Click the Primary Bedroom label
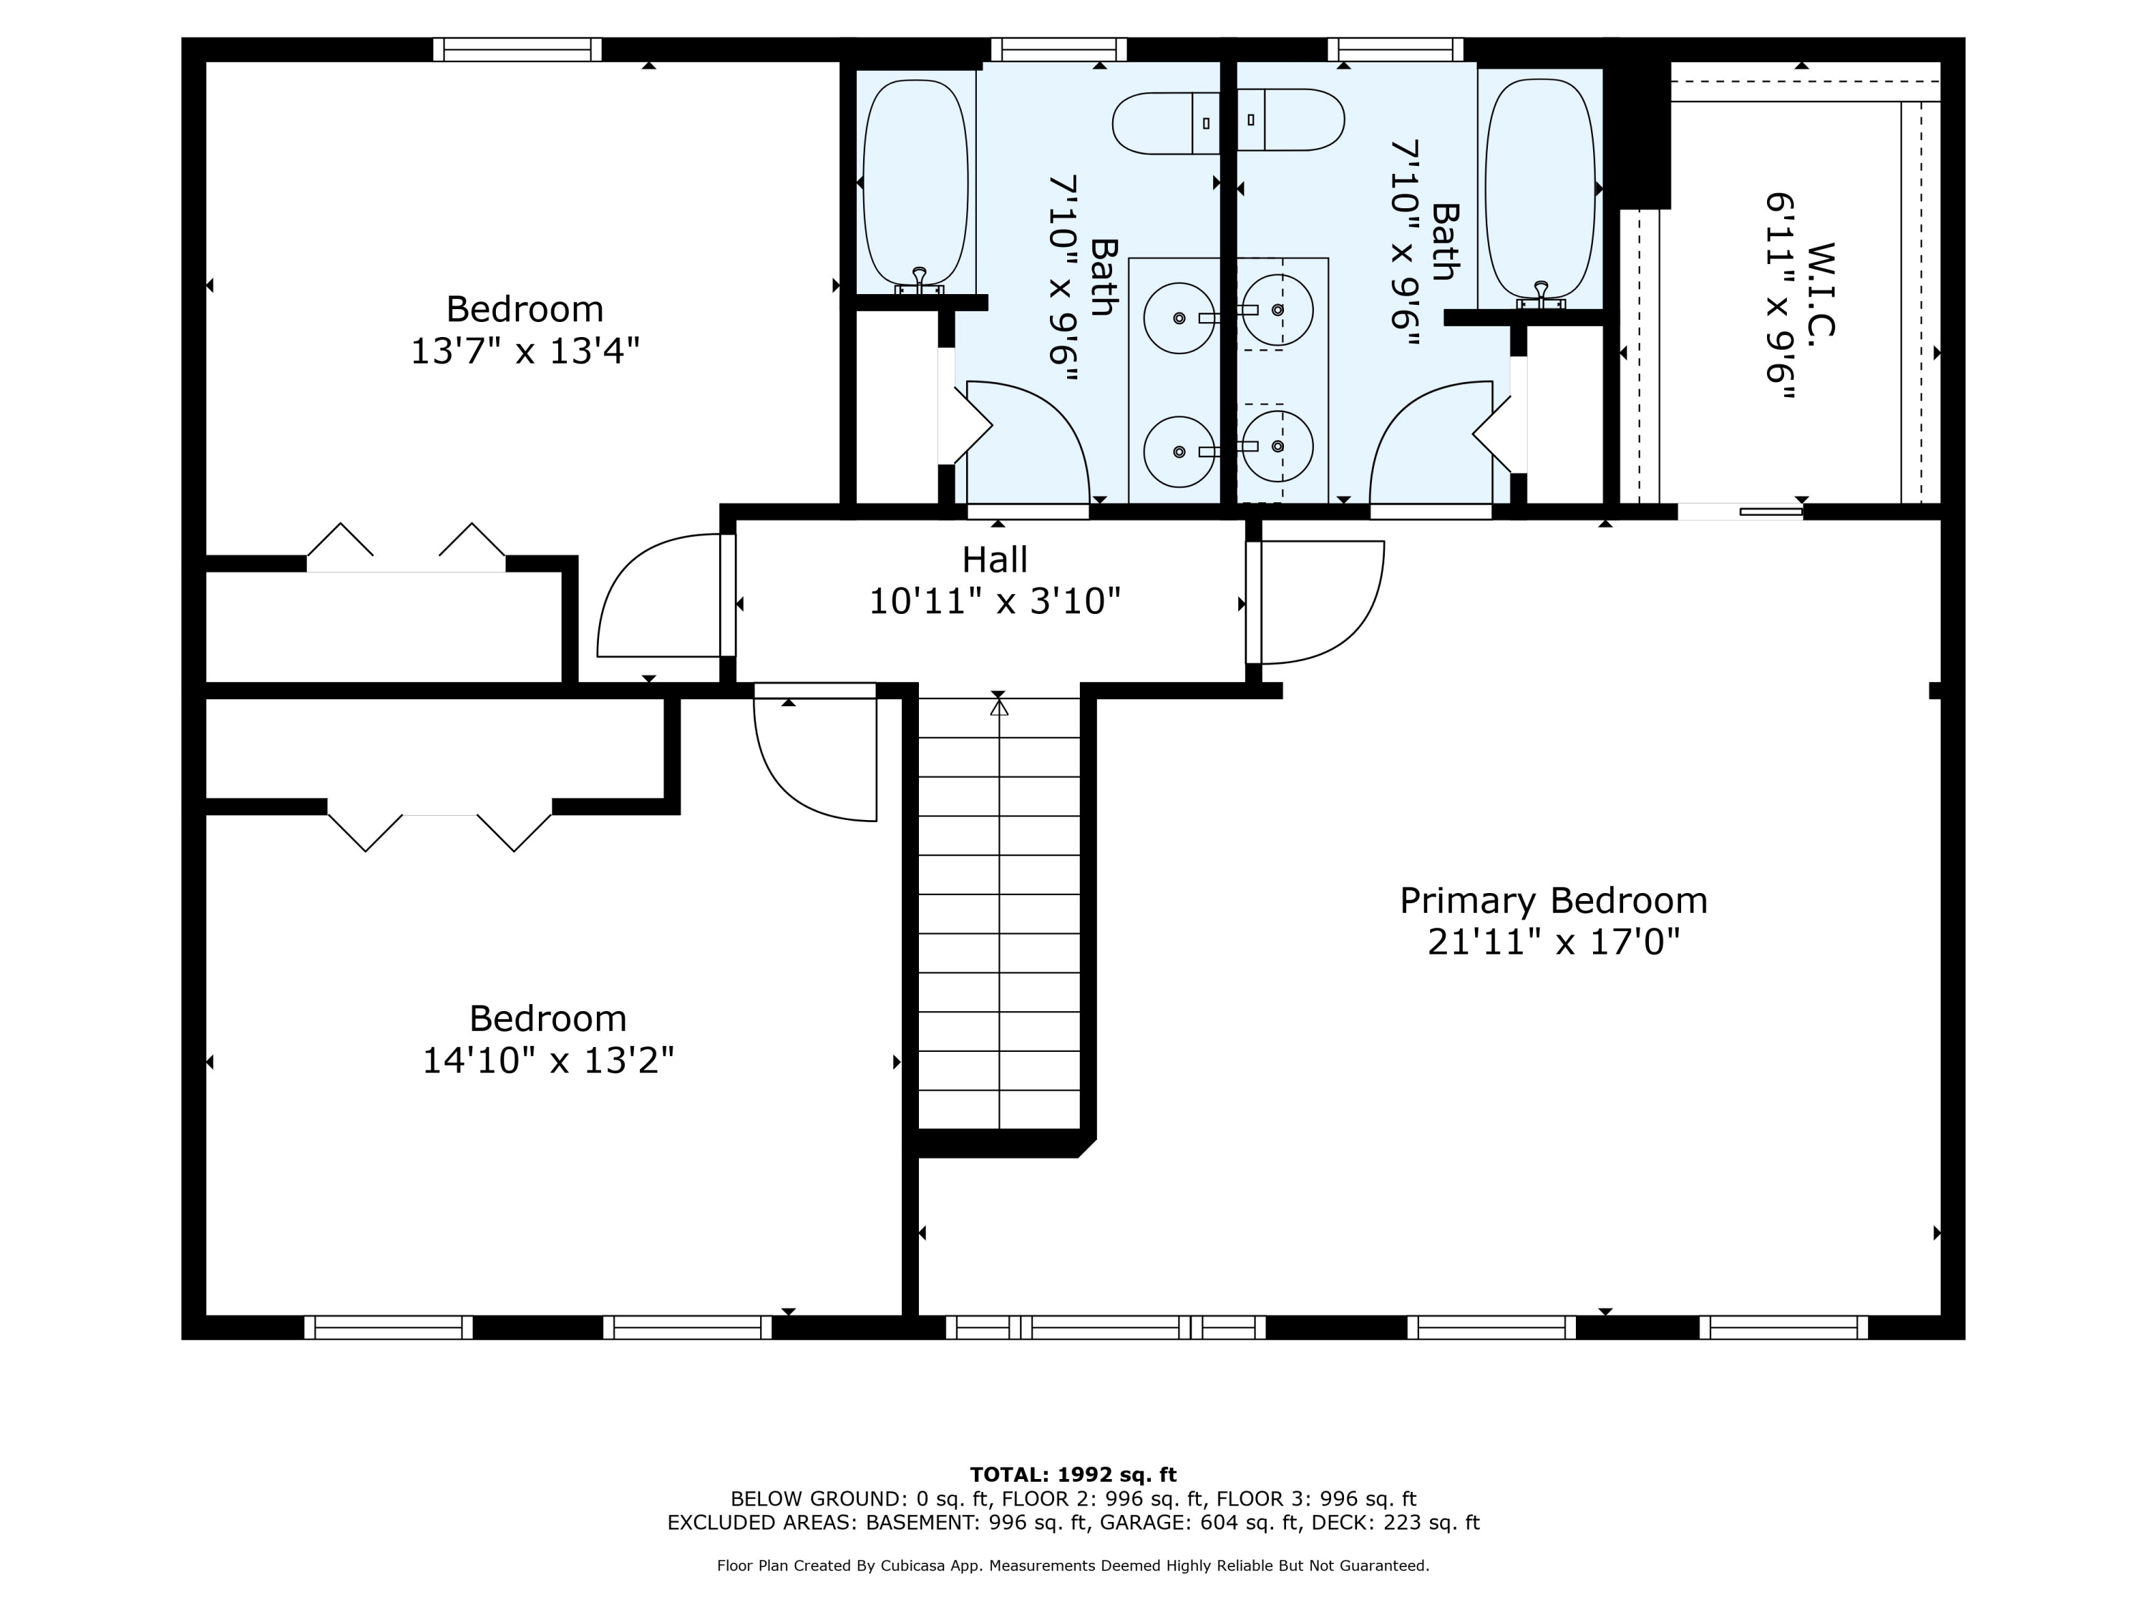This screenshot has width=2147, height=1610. (x=1553, y=901)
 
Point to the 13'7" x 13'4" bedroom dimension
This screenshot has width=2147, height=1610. (x=525, y=351)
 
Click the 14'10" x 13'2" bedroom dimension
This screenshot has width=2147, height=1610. (x=547, y=1060)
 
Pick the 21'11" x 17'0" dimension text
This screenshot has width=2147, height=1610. (x=1553, y=942)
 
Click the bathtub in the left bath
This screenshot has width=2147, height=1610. (x=916, y=183)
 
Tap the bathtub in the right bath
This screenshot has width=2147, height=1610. (x=1540, y=188)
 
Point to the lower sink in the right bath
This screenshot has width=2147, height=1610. (x=1277, y=447)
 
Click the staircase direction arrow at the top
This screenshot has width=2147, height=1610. (x=999, y=706)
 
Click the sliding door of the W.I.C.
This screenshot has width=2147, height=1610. (x=1741, y=512)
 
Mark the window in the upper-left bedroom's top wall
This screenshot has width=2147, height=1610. (x=517, y=49)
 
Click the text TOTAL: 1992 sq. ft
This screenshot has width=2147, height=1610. (x=1073, y=1475)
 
